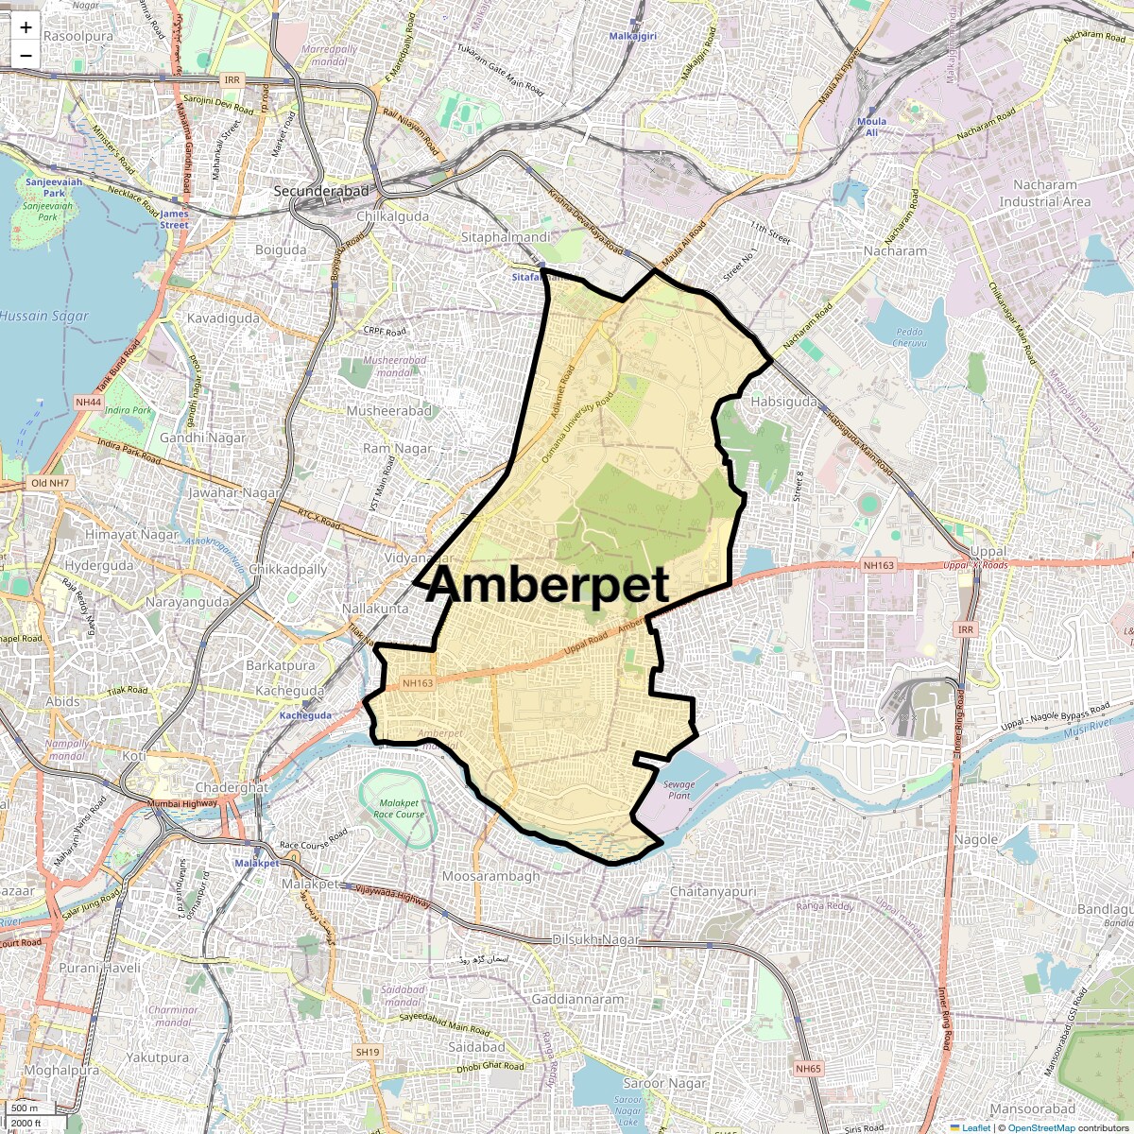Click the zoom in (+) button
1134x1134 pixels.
click(x=26, y=27)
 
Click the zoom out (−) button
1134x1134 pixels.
click(x=26, y=55)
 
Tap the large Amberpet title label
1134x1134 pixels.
click(x=547, y=585)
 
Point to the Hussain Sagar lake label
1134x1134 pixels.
click(x=44, y=317)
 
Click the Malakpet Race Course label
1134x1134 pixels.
click(x=399, y=808)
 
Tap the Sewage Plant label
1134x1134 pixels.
click(x=679, y=790)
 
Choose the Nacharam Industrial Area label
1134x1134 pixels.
click(x=1044, y=194)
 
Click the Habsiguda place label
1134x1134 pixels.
click(x=783, y=402)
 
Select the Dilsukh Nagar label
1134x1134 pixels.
click(x=595, y=940)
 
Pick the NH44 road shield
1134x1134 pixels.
click(x=88, y=402)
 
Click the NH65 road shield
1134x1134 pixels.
click(x=808, y=1069)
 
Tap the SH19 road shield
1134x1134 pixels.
click(x=368, y=1052)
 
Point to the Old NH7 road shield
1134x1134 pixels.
click(x=50, y=483)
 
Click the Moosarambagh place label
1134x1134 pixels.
click(x=491, y=876)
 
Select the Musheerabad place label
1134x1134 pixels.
click(x=388, y=411)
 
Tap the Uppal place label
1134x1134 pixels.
click(x=988, y=551)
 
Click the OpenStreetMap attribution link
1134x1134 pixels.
click(x=1040, y=1127)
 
